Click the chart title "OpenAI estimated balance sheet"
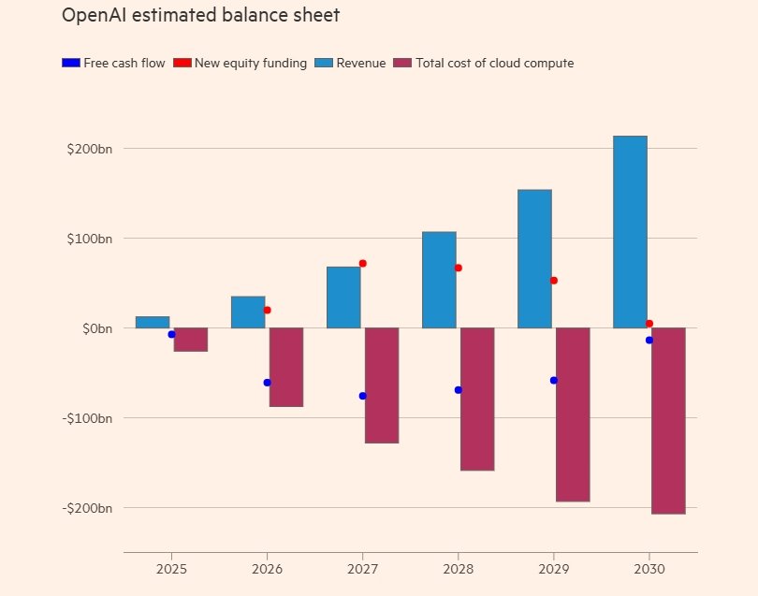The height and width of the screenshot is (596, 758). [x=200, y=16]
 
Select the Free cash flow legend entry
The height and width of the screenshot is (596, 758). [x=113, y=64]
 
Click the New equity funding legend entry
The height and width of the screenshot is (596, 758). [x=240, y=64]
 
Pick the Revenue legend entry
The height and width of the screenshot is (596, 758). [x=350, y=64]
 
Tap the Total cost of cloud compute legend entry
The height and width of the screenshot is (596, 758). [x=485, y=64]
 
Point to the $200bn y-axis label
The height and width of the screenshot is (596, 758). [x=89, y=149]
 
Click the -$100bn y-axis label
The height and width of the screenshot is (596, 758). [x=87, y=418]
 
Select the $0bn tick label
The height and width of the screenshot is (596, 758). [x=95, y=328]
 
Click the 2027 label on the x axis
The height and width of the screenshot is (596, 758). [x=362, y=569]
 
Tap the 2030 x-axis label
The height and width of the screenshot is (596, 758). [x=649, y=569]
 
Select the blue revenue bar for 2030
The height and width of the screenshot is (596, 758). [x=630, y=232]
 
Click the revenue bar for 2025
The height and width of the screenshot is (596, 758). [x=153, y=322]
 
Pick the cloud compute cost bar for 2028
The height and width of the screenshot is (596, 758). [x=477, y=399]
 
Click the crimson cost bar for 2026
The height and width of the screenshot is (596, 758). [x=286, y=367]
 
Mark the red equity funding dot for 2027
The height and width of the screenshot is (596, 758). [x=363, y=264]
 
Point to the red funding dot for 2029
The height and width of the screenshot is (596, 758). [x=554, y=281]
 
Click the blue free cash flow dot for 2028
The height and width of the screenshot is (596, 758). [x=459, y=390]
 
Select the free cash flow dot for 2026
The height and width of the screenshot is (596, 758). [x=268, y=383]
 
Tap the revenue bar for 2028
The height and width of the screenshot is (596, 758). [x=439, y=280]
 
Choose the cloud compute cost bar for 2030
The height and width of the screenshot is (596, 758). [x=668, y=420]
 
